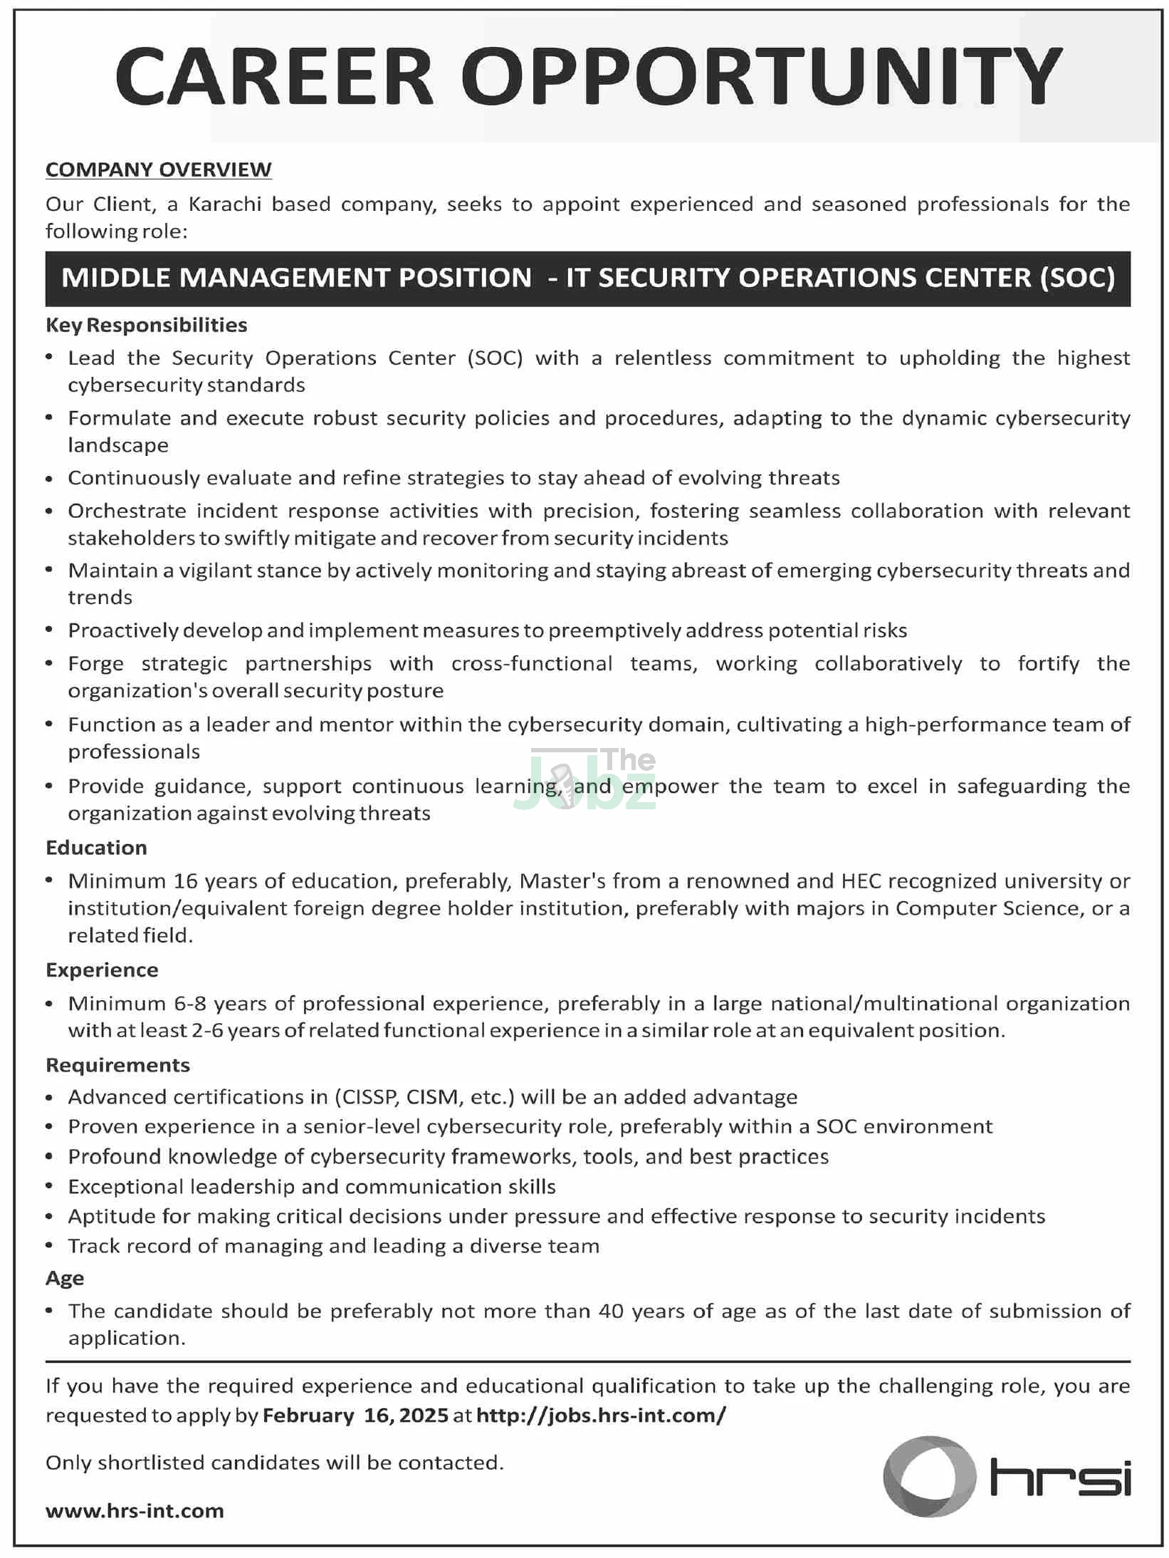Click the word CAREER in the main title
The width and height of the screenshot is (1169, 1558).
pos(274,77)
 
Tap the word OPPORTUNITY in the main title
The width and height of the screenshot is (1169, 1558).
pos(762,77)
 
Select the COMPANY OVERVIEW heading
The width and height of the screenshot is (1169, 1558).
pos(158,170)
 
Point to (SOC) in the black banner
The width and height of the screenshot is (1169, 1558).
pos(1077,278)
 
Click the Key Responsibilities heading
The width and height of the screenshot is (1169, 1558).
pos(147,325)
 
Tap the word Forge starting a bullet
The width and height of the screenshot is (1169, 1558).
pos(95,664)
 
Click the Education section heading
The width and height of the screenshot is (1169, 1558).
pos(96,848)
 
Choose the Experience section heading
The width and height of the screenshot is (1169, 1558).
pos(102,970)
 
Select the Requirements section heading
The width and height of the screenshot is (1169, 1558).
pos(117,1065)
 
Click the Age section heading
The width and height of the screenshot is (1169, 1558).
pos(65,1279)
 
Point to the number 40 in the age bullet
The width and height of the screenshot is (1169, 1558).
pos(611,1312)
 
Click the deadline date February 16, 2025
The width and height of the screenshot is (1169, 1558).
pos(356,1415)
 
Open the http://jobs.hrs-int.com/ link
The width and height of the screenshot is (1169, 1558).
pos(601,1415)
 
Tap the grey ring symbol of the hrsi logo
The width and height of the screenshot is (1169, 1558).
pos(930,1477)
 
